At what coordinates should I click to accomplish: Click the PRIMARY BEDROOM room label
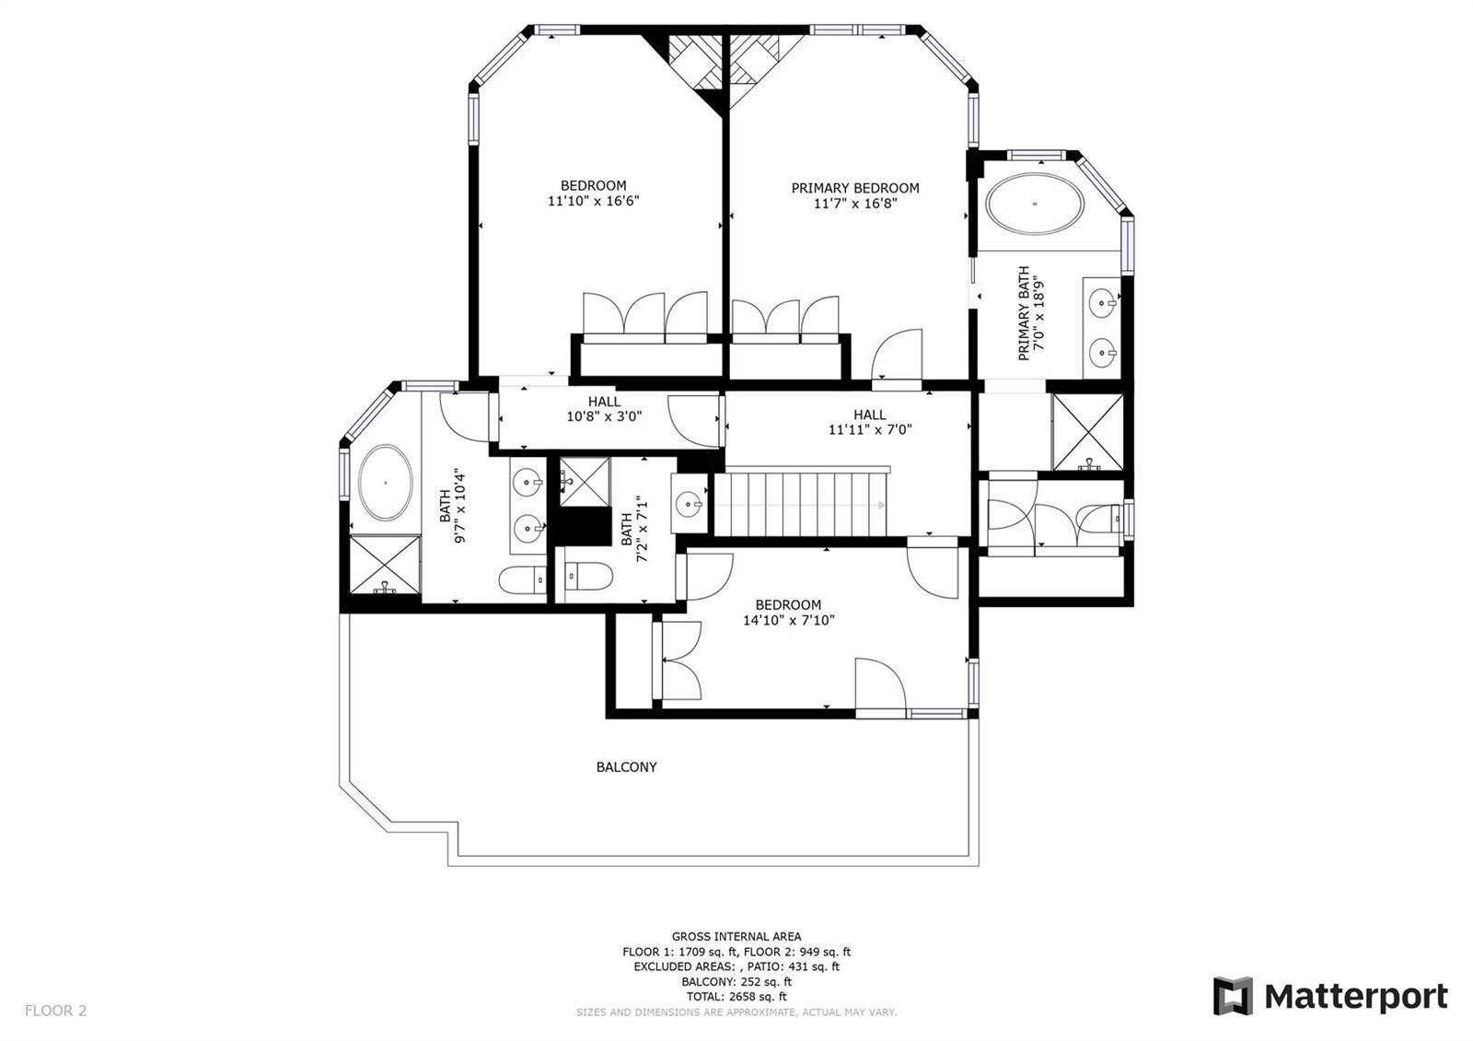click(x=855, y=188)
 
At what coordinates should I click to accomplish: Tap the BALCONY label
click(x=626, y=766)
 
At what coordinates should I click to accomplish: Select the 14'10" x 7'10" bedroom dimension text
click(x=788, y=620)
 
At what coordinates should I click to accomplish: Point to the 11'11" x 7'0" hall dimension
click(x=869, y=429)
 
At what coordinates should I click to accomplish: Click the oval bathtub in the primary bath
click(x=1035, y=204)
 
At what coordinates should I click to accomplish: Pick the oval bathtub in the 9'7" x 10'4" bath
click(x=386, y=483)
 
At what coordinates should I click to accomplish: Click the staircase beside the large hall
click(x=802, y=503)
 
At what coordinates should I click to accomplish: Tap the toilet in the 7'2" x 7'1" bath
click(x=589, y=577)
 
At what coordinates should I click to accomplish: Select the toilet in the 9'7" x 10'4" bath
click(x=522, y=580)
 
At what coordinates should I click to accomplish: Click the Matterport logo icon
click(x=1233, y=996)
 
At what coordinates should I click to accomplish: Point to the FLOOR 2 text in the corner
click(x=55, y=1010)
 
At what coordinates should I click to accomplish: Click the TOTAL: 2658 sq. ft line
click(x=736, y=996)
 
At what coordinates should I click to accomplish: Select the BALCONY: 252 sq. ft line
click(x=736, y=981)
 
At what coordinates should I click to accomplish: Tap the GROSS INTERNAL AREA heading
click(x=736, y=936)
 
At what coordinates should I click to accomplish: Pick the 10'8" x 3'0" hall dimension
click(x=604, y=415)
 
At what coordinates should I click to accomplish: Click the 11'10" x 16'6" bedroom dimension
click(x=593, y=201)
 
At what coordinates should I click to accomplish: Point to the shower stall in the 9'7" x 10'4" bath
click(x=385, y=564)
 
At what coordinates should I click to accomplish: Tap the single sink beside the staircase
click(x=690, y=504)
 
